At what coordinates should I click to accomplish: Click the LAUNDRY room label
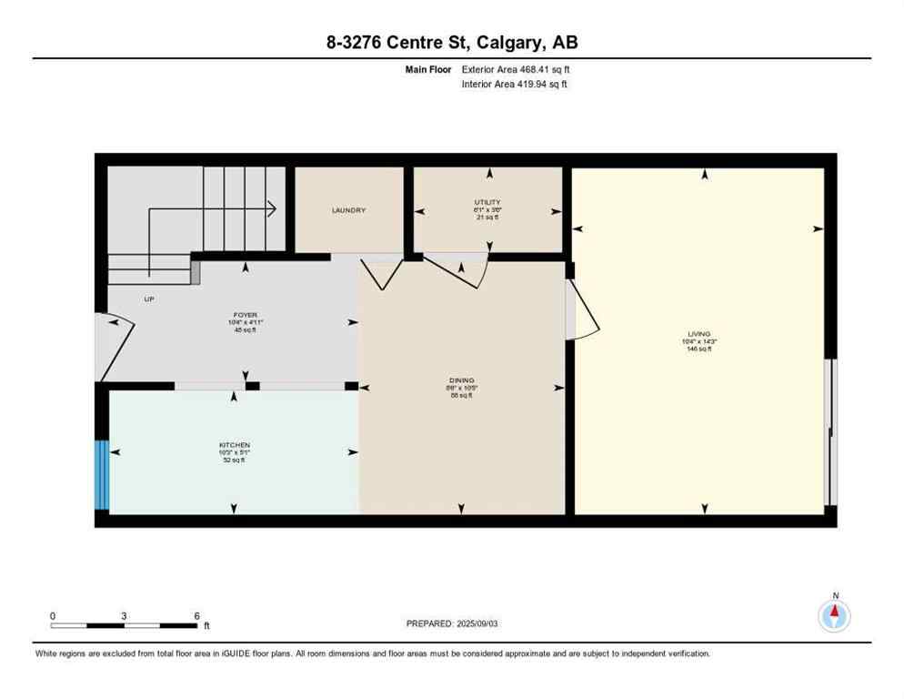tap(348, 210)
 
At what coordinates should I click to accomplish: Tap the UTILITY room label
tap(487, 202)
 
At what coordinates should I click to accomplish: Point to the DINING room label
tap(462, 380)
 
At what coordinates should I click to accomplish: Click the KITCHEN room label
tap(234, 445)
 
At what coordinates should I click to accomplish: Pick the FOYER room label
tap(246, 315)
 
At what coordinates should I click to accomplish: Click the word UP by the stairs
tap(149, 299)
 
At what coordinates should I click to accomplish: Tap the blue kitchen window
tap(103, 475)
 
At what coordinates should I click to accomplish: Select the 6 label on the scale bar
tap(196, 615)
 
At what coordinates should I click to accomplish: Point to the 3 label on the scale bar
tap(124, 615)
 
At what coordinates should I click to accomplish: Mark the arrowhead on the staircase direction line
tap(271, 209)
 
